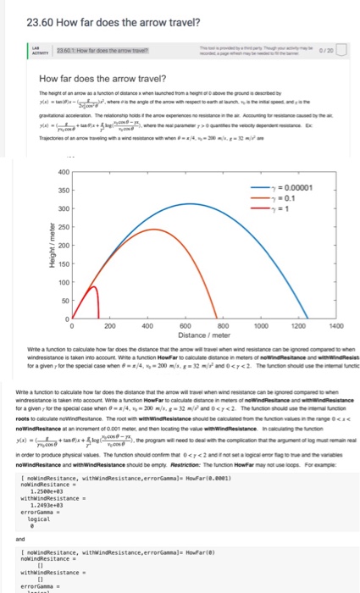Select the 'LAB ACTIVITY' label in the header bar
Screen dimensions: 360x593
pos(30,56)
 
